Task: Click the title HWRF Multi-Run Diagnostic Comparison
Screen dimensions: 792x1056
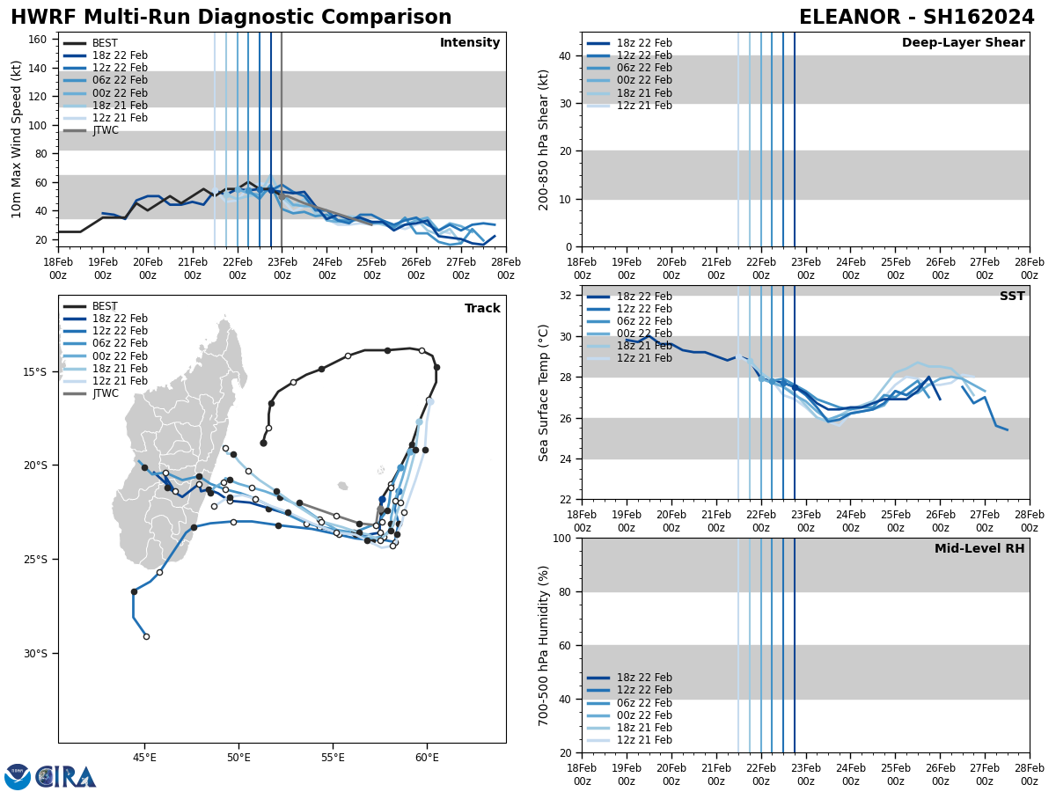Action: pos(231,18)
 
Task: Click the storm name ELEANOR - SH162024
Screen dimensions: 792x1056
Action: pos(916,18)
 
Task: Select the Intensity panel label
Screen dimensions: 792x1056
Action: pos(469,43)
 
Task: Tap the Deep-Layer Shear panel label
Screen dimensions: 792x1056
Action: pos(963,43)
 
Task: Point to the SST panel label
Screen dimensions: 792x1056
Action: pos(1011,297)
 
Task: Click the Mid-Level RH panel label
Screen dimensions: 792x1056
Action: pos(979,549)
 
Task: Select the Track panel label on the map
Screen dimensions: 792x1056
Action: pos(482,309)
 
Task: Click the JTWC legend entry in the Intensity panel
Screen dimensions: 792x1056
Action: pos(105,130)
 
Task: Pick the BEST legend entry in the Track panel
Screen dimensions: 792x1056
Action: pos(105,306)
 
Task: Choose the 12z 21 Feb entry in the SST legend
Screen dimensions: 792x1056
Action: pos(645,358)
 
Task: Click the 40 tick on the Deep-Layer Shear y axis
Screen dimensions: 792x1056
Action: pos(564,55)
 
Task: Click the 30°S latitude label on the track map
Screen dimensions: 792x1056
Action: pos(35,653)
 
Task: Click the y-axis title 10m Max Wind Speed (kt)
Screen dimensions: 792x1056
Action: pos(17,139)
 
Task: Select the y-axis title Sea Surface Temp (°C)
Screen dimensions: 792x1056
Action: pos(544,392)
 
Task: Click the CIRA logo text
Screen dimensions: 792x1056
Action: pos(67,776)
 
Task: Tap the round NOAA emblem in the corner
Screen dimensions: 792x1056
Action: pos(17,776)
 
